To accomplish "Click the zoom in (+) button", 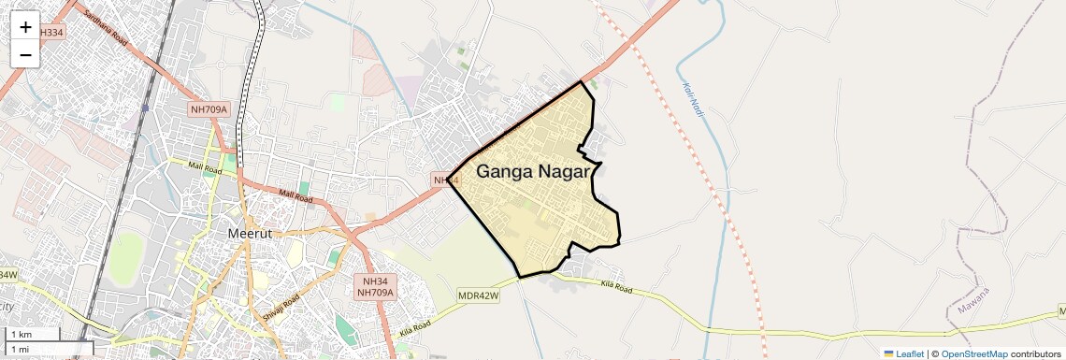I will [25, 27].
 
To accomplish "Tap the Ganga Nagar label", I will [533, 172].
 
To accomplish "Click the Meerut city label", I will [250, 233].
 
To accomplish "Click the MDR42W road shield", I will [479, 295].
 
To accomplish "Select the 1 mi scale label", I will [20, 349].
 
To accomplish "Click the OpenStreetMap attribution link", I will [973, 353].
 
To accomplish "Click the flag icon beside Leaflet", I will [889, 353].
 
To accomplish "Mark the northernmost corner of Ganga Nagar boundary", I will [583, 81].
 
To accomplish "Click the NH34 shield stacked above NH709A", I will [375, 280].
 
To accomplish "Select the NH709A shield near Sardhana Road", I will [209, 109].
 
